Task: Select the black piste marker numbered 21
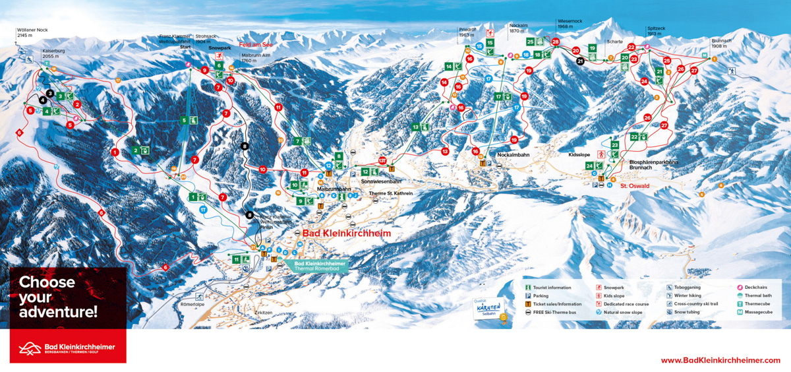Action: click(580, 61)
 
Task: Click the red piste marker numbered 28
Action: click(556, 42)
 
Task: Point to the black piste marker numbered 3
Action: click(49, 94)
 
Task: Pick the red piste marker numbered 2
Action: click(77, 104)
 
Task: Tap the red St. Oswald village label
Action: click(634, 186)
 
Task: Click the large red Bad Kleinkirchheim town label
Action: click(347, 233)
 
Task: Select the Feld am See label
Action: click(256, 44)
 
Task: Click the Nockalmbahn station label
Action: click(514, 154)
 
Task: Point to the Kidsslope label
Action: click(579, 154)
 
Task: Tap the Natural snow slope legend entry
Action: click(622, 312)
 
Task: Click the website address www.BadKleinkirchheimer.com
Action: click(720, 360)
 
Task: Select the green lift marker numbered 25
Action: click(530, 42)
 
